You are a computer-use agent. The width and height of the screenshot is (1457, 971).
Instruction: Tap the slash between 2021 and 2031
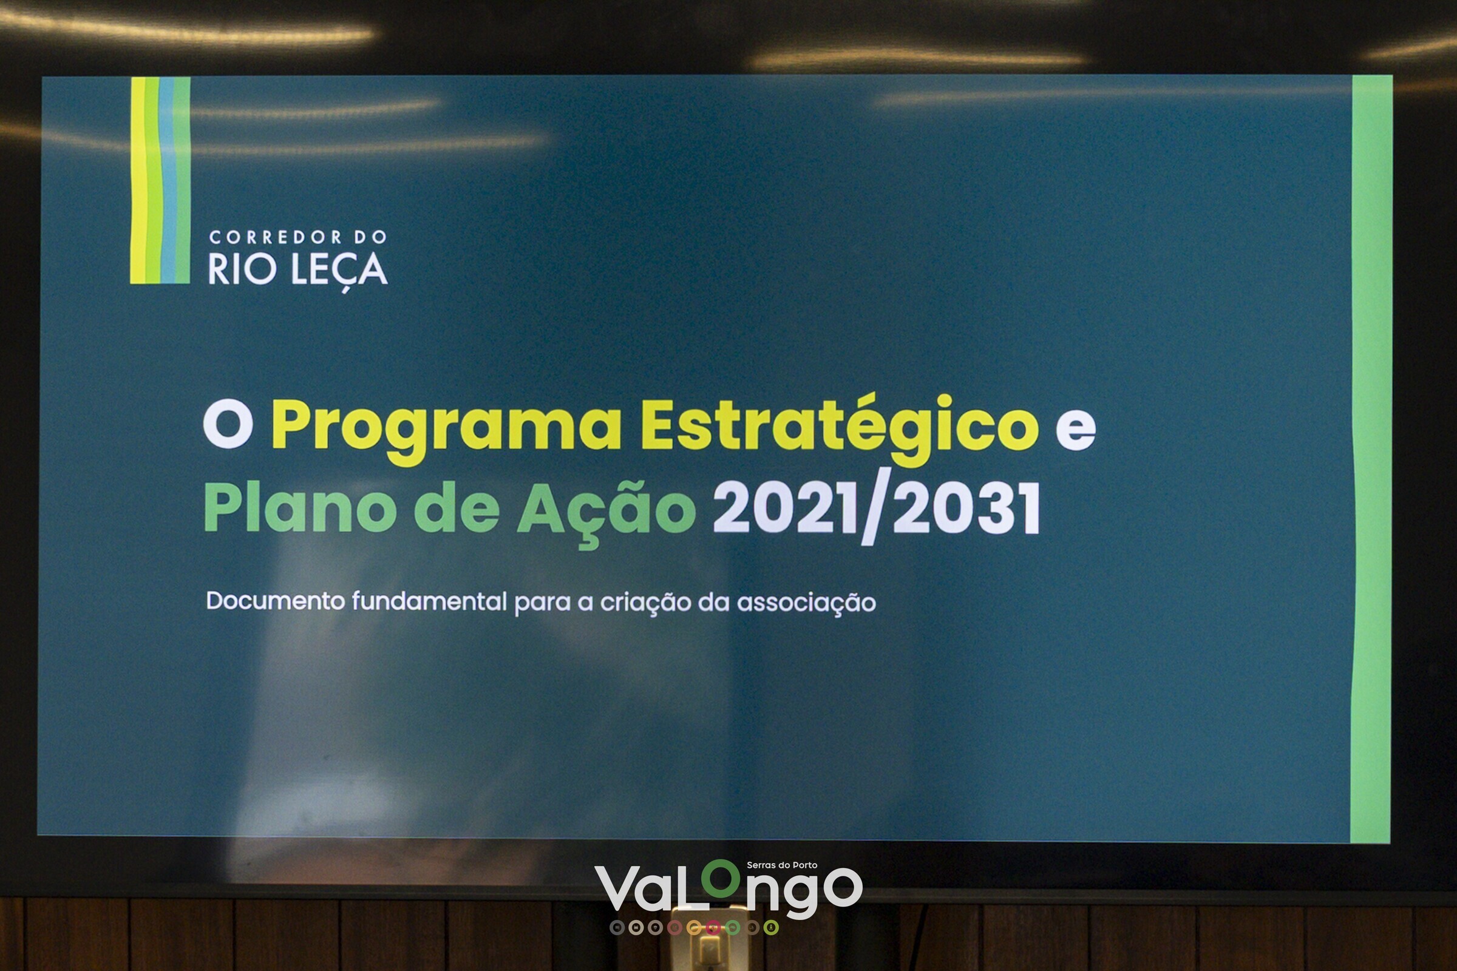tap(875, 507)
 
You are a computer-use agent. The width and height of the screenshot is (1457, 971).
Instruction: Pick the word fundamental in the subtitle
tap(429, 601)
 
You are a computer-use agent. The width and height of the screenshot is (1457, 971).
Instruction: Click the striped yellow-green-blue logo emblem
tap(160, 180)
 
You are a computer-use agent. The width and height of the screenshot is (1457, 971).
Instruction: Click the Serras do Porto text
tap(782, 865)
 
